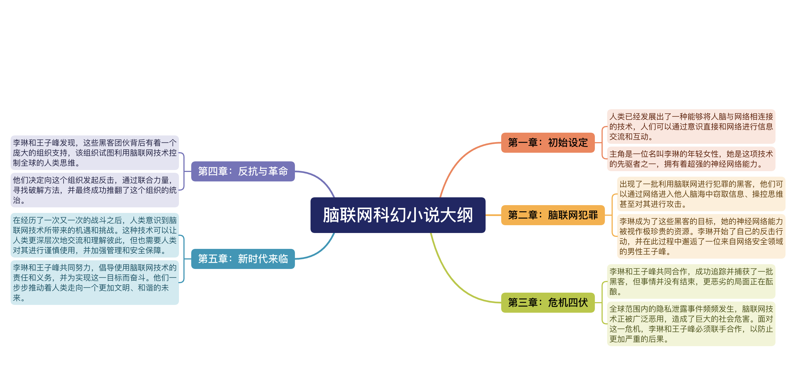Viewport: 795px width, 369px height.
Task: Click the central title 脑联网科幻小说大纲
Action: pos(397,215)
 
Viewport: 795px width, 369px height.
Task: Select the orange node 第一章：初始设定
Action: pos(547,142)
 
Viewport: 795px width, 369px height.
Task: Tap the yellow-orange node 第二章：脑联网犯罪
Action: pos(552,215)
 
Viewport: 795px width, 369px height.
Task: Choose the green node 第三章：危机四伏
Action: pos(547,302)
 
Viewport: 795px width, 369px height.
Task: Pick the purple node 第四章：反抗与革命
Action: pos(243,171)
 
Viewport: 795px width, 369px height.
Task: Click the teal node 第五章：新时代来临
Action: pos(243,259)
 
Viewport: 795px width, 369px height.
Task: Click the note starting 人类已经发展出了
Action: pos(691,127)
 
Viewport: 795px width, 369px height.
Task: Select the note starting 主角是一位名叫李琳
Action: pos(691,159)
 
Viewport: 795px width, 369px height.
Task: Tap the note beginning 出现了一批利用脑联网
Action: pos(701,194)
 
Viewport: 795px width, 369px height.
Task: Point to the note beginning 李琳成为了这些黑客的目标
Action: pos(701,236)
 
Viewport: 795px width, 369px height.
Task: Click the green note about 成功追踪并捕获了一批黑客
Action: pos(691,281)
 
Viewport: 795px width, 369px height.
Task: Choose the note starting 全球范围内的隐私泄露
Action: pos(691,324)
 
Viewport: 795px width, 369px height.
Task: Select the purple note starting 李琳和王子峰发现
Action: pos(94,153)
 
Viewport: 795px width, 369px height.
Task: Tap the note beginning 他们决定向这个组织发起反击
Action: pos(94,190)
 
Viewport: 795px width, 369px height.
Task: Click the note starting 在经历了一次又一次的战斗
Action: pos(94,235)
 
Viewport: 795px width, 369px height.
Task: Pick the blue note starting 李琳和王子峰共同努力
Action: pos(94,282)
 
